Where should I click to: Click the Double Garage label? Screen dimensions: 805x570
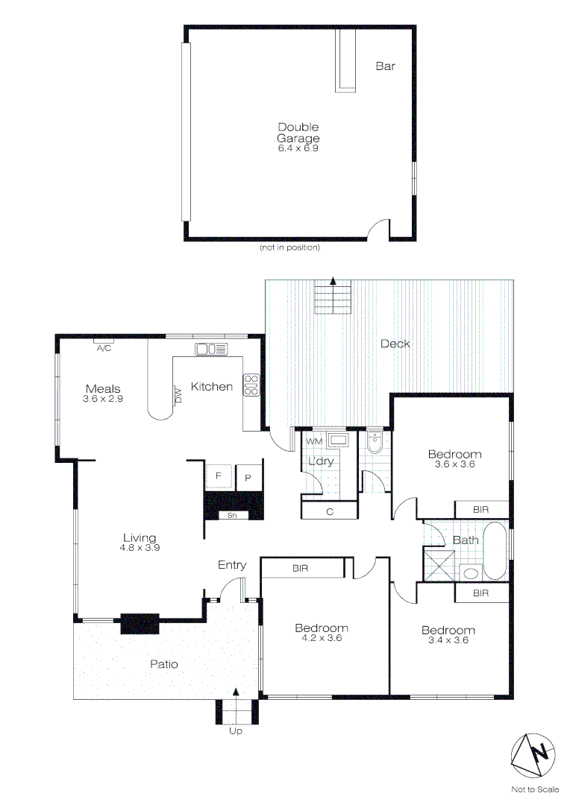tap(298, 133)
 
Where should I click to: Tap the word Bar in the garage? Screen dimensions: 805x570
tap(385, 66)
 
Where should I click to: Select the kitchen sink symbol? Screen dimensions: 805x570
tap(211, 349)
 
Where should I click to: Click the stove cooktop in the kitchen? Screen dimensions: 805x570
tap(251, 384)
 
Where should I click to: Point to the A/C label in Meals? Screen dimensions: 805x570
tap(104, 347)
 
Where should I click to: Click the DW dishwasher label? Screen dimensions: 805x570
tap(178, 395)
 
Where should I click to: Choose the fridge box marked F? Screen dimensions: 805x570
tap(219, 476)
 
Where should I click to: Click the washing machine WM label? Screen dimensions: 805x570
tap(315, 441)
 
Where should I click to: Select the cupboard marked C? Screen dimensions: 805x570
tap(329, 511)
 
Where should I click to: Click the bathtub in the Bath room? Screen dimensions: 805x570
tap(495, 551)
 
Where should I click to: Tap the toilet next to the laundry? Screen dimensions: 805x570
tap(375, 444)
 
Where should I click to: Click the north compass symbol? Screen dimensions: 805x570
tap(533, 754)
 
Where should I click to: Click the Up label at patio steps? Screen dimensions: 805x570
tap(236, 731)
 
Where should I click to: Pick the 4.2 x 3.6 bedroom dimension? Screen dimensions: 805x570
tap(321, 639)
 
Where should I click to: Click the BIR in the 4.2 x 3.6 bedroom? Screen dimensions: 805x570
tap(301, 568)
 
